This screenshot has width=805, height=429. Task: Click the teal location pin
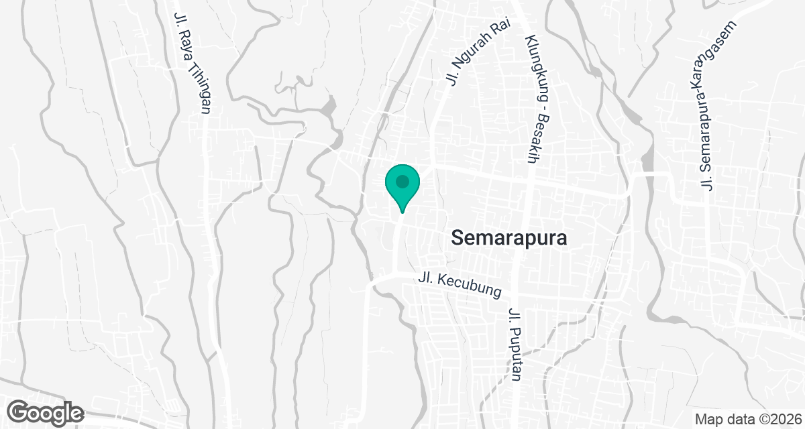[x=402, y=187]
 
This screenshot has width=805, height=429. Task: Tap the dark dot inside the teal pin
[x=402, y=181]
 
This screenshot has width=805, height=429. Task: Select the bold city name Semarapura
[x=509, y=238]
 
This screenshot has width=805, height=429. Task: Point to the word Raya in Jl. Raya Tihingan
[x=182, y=46]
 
